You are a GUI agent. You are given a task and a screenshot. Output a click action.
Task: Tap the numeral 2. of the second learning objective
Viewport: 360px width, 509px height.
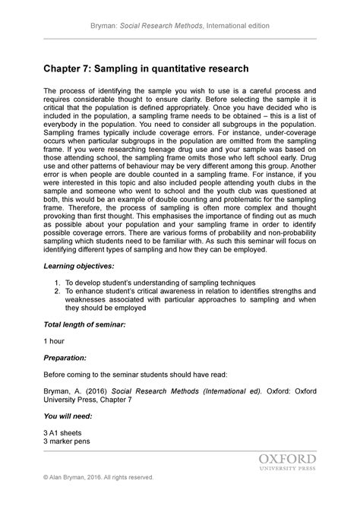[x=58, y=291]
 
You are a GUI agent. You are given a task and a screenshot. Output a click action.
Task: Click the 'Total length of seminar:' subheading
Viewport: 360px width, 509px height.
[x=84, y=324]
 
